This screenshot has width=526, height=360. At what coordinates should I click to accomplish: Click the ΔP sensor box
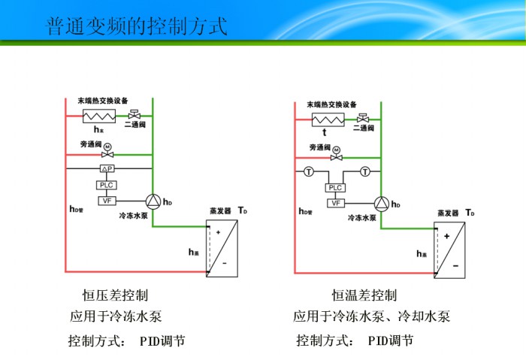[107, 170]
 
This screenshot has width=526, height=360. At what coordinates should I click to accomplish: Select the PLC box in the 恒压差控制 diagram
[107, 185]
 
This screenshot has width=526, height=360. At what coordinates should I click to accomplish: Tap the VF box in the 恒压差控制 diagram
[107, 201]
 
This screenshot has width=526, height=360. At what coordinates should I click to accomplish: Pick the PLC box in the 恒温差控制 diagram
[336, 188]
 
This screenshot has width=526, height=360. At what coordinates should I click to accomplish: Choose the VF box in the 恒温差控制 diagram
[336, 203]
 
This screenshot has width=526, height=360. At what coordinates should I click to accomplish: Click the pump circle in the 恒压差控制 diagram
[153, 201]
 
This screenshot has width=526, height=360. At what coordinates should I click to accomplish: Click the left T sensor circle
[309, 172]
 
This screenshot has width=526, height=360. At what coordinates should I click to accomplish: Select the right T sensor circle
[364, 172]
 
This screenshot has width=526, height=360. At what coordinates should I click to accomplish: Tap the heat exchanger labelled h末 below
[97, 116]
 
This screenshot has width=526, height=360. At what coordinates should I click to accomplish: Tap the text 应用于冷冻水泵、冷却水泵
[371, 316]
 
